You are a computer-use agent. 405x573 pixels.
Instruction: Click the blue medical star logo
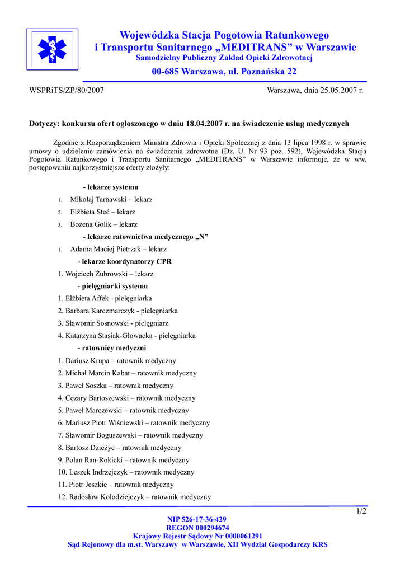pos(52,49)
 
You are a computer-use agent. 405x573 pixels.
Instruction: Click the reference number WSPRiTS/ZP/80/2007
pos(66,90)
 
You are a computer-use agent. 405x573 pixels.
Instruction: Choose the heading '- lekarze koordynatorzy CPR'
pos(124,261)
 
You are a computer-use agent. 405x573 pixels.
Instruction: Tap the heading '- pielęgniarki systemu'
pos(112,286)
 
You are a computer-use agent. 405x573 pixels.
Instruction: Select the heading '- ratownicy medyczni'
pos(111,348)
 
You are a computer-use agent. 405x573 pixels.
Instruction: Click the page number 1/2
pos(361,511)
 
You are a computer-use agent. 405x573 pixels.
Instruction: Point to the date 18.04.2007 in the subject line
pos(202,123)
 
